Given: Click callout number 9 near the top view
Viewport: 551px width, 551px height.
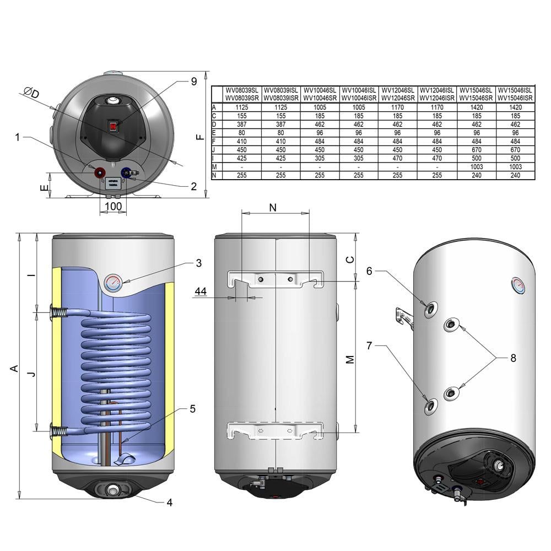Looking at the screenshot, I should [193, 82].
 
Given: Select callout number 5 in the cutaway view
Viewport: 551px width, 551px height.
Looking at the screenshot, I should [192, 409].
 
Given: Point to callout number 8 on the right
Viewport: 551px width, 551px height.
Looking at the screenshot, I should [513, 358].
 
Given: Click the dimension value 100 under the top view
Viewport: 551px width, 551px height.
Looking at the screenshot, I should [113, 206].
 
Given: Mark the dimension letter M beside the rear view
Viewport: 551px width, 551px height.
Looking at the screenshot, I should [349, 359].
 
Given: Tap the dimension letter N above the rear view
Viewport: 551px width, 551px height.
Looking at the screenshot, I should [273, 207].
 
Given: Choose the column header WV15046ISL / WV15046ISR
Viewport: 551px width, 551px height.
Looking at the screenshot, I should [515, 94].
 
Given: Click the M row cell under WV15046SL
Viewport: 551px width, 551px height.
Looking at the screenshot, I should [477, 167].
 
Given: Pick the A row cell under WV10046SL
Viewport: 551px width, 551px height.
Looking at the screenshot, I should [321, 107].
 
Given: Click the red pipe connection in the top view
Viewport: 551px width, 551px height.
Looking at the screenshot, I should [101, 172].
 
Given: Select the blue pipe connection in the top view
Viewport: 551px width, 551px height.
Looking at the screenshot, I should [126, 172].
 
